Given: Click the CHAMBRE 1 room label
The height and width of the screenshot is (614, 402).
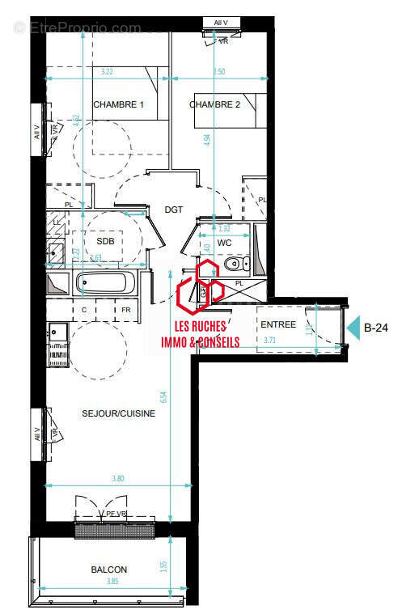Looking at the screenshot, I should [x=118, y=105].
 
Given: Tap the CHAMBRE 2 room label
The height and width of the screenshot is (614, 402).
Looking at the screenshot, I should [x=215, y=105].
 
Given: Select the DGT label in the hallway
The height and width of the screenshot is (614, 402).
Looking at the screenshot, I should [x=174, y=210].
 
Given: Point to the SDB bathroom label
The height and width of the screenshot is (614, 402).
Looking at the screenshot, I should [x=105, y=242].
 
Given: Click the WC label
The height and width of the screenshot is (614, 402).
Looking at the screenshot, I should [x=225, y=242].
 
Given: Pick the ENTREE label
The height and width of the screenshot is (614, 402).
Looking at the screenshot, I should [x=277, y=324].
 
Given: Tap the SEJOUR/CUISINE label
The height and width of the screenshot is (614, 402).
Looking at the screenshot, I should [x=118, y=413].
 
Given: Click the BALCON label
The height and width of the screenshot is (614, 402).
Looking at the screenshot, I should [x=108, y=570].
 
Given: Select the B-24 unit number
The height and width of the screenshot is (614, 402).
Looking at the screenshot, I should [x=377, y=328].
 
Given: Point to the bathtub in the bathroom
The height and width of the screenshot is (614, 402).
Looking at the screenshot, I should [x=106, y=284].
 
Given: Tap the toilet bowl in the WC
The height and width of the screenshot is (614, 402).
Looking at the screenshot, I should [x=233, y=265].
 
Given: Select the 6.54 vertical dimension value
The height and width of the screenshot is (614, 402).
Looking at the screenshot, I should [x=165, y=397].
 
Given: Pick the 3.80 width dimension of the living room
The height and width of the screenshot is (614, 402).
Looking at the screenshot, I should [x=118, y=478].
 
